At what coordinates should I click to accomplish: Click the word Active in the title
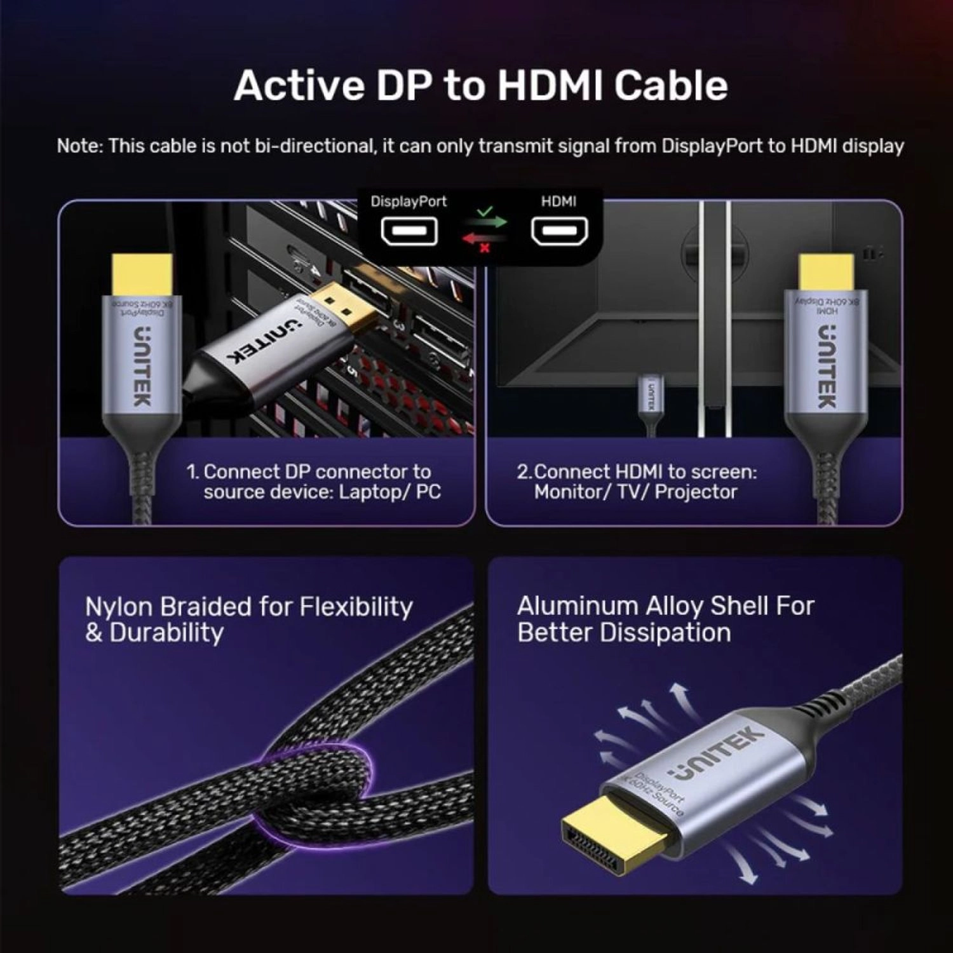(x=298, y=85)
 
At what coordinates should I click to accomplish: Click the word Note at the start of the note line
(x=79, y=146)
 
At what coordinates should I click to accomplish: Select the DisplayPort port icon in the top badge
(x=409, y=231)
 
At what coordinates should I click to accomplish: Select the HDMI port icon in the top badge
(x=559, y=231)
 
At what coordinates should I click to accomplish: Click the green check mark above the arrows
(x=485, y=210)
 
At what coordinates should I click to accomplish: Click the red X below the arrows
(x=485, y=248)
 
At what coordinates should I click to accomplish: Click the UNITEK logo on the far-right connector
(x=826, y=367)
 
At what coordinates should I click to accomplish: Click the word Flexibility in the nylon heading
(x=356, y=607)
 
